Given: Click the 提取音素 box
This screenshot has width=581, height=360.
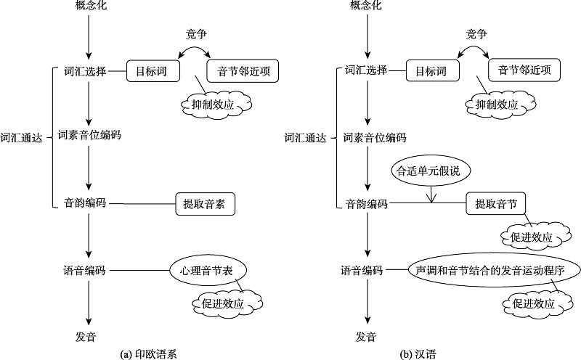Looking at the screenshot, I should [205, 204].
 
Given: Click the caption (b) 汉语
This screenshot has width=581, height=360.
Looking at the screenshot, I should [424, 354].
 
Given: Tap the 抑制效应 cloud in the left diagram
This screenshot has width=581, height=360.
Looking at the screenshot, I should [216, 103].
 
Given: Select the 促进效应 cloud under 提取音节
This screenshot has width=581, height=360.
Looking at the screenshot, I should [527, 237].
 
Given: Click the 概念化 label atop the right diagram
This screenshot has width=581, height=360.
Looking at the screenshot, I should [365, 7].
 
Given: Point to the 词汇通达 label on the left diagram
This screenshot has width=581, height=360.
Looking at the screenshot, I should [21, 136].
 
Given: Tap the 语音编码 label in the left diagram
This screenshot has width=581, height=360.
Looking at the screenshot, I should [85, 270].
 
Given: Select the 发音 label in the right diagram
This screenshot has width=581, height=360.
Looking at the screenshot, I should [365, 337].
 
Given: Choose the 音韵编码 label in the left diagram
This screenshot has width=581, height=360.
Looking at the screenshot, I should [85, 203].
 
